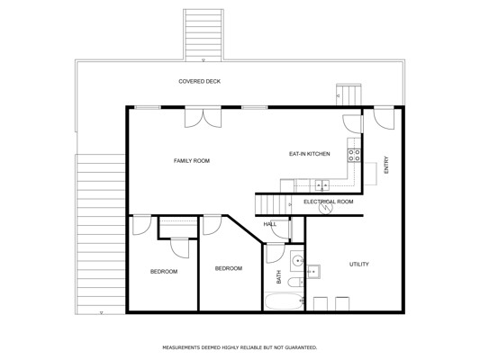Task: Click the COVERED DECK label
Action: (x=199, y=81)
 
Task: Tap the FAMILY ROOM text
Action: (x=192, y=160)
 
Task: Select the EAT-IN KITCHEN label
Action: (x=310, y=154)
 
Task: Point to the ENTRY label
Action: (x=386, y=165)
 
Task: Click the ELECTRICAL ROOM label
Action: (x=328, y=202)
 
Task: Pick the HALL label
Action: (x=269, y=224)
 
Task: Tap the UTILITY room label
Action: (x=359, y=264)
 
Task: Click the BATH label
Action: (x=278, y=276)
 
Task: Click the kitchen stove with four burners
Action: (x=354, y=155)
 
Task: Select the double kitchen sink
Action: (x=322, y=185)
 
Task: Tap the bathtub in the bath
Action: (x=284, y=301)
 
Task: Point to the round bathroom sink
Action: (x=297, y=261)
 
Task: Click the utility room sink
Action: (x=313, y=272)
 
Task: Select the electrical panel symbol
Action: (x=326, y=208)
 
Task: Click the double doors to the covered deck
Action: (x=203, y=117)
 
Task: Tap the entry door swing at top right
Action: (x=384, y=119)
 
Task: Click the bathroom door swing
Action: (x=276, y=253)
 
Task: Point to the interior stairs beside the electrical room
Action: (x=274, y=204)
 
